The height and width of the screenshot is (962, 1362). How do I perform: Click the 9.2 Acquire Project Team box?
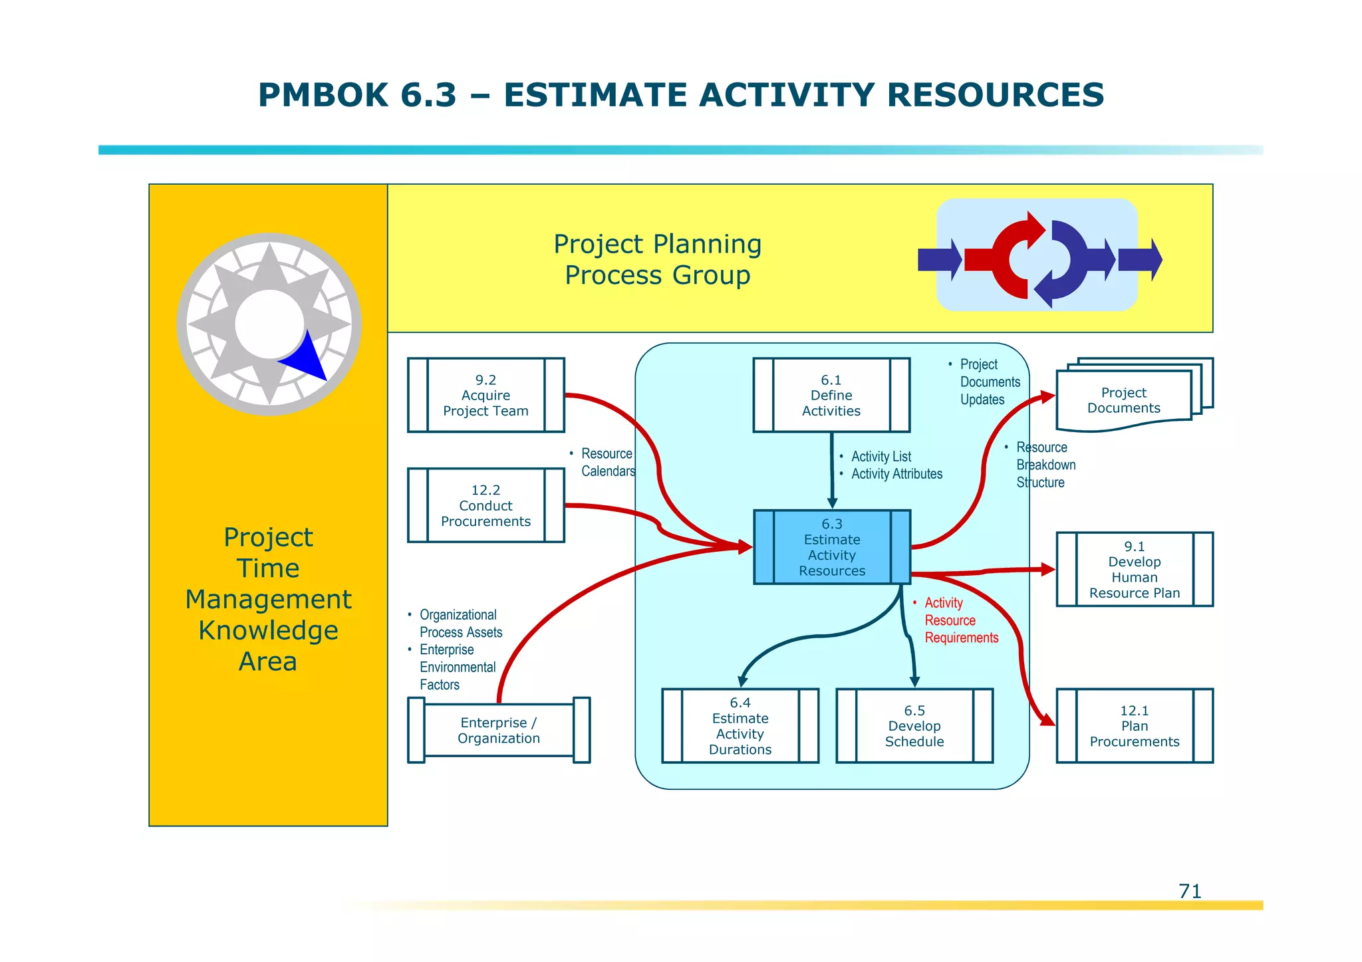[485, 395]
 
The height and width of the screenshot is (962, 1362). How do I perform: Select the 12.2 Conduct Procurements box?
[485, 505]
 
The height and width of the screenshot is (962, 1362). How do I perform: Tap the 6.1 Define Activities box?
[831, 395]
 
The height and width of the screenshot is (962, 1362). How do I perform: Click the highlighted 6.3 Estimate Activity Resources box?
[831, 547]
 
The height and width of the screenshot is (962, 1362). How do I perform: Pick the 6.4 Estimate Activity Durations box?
[740, 725]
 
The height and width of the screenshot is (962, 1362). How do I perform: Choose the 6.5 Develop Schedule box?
[914, 725]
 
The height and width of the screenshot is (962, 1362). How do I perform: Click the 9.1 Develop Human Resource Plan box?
[1134, 569]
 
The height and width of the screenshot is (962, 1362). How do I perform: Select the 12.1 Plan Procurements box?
[1134, 725]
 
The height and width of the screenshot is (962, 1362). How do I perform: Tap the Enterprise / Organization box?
[498, 730]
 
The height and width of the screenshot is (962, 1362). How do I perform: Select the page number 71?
[1189, 891]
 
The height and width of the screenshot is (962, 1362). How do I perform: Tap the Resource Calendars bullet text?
[607, 462]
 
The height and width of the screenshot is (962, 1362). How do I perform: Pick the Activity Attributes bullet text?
[896, 474]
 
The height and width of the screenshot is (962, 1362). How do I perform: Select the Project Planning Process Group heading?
[657, 259]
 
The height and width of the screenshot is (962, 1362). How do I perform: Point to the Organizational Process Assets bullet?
[460, 624]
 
